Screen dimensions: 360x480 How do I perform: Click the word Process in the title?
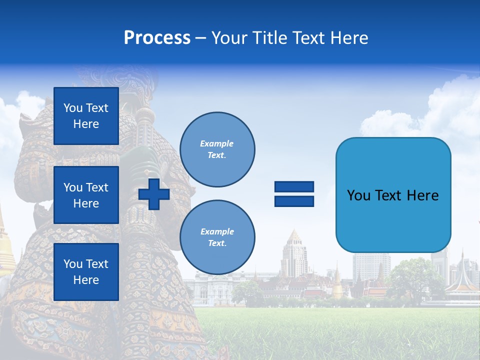(x=157, y=38)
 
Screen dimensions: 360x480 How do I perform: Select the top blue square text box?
(x=86, y=116)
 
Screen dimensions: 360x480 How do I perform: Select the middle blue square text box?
(x=86, y=195)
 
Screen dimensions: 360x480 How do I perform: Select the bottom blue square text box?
(x=86, y=272)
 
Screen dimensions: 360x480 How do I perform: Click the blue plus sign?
(x=154, y=194)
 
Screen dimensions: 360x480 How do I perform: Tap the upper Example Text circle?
(x=217, y=149)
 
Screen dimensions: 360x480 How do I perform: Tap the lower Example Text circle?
(x=217, y=237)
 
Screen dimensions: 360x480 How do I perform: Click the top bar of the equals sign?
(x=294, y=187)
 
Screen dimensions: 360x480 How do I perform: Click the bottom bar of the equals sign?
(x=294, y=201)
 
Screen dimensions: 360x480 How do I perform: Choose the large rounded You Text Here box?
(x=393, y=195)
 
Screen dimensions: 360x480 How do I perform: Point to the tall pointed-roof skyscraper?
(x=294, y=255)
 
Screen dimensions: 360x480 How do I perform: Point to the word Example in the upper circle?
(x=216, y=143)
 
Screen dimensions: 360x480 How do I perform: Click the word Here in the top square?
(x=86, y=124)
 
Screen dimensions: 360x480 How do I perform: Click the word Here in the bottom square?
(x=86, y=280)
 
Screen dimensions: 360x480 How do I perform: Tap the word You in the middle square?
(x=72, y=187)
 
